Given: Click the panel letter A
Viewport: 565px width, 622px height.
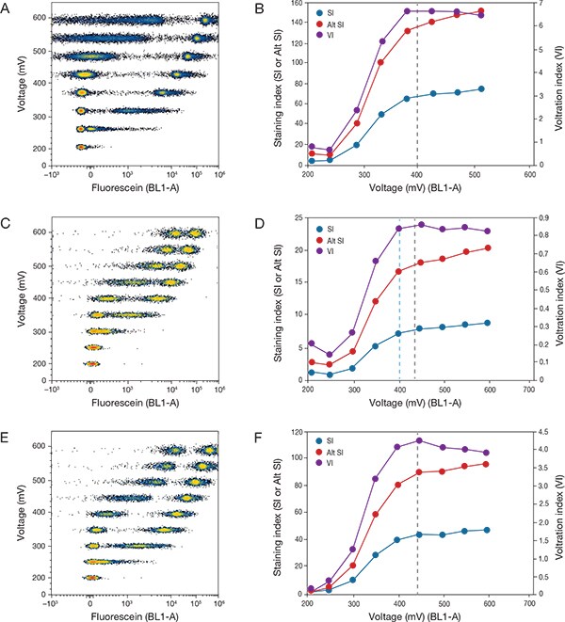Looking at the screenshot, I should pyautogui.click(x=8, y=9).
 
